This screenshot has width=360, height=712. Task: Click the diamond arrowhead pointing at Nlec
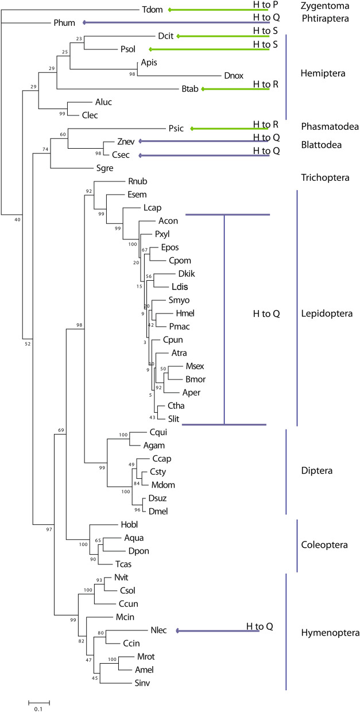(178, 630)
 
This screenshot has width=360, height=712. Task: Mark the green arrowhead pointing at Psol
(151, 49)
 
